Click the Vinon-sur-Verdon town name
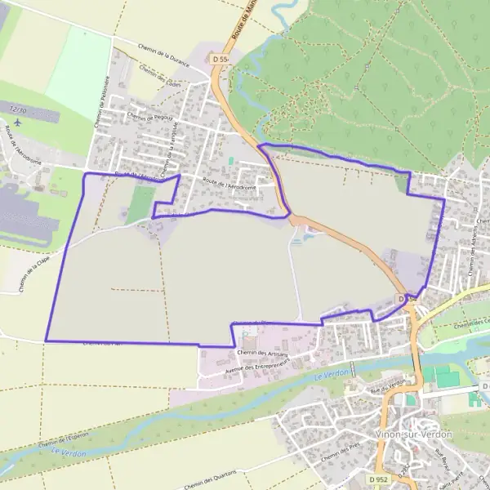(x=413, y=434)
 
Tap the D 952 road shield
(x=376, y=479)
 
